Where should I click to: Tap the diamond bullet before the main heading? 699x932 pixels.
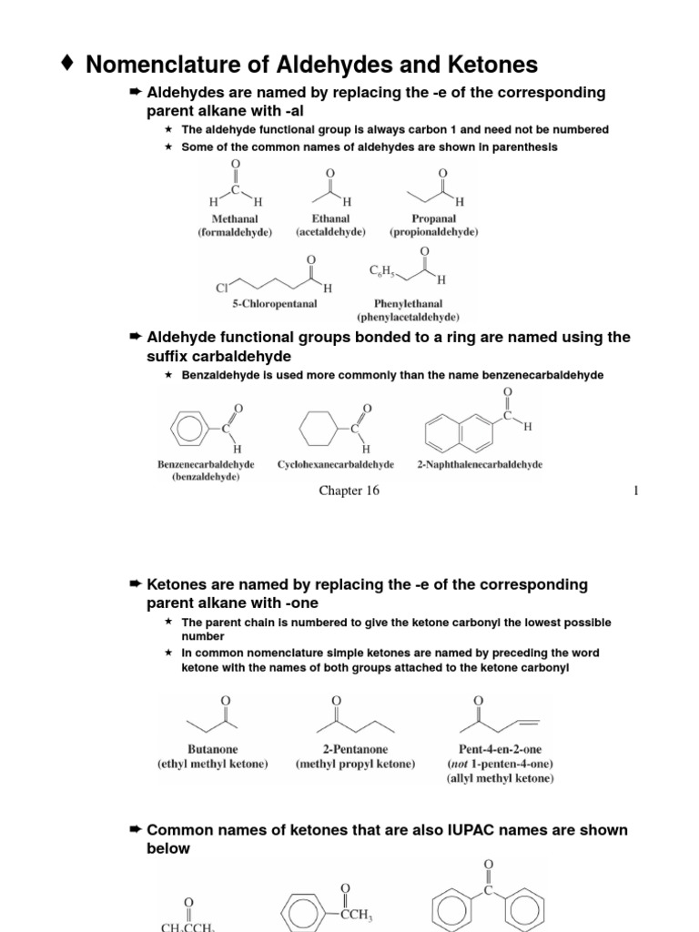click(x=66, y=63)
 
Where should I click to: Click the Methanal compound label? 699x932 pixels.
click(x=235, y=218)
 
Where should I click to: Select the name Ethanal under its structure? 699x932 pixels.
click(x=329, y=218)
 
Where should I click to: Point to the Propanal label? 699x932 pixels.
click(x=434, y=218)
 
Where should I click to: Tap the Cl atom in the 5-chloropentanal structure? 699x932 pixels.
click(x=221, y=288)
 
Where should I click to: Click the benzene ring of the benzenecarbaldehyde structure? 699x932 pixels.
click(x=191, y=425)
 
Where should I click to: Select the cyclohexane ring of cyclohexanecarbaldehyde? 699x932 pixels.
click(x=319, y=426)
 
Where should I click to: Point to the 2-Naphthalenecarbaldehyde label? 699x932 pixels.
click(x=480, y=464)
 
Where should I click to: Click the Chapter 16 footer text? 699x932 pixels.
click(x=349, y=491)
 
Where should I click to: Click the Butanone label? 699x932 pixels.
click(x=212, y=750)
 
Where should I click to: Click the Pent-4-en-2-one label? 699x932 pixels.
click(x=500, y=750)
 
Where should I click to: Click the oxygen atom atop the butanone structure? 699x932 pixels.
click(x=226, y=699)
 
